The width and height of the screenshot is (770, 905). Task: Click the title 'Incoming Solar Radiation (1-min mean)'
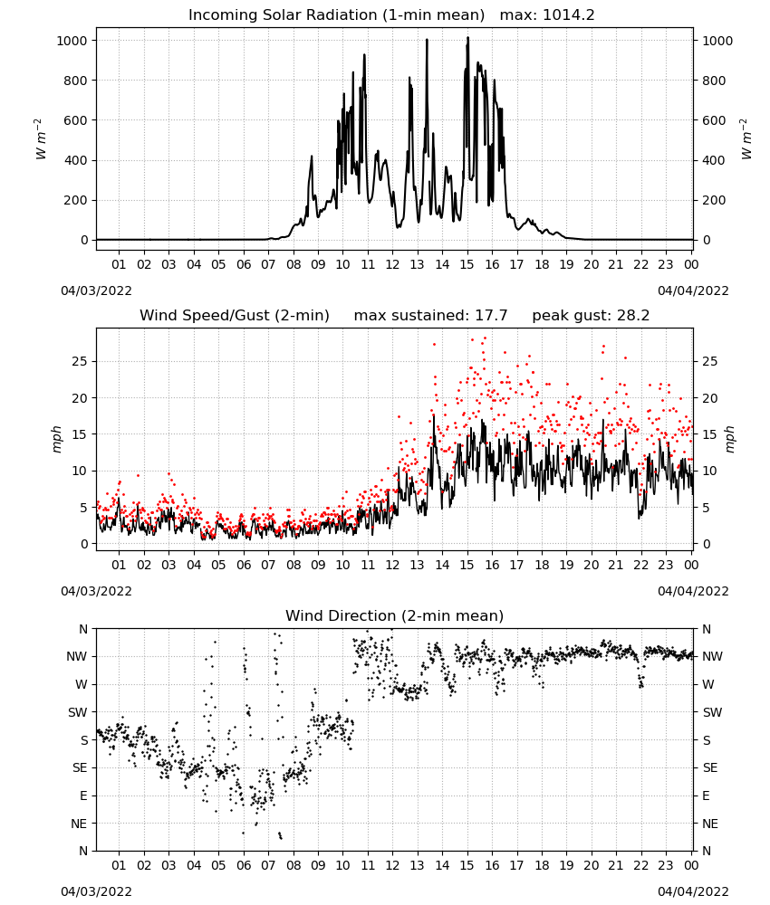(336, 15)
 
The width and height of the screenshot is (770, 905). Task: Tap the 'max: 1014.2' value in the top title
(547, 15)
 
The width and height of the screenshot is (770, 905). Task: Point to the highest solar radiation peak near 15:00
(468, 38)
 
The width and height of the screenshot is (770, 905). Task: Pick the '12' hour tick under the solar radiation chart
(392, 264)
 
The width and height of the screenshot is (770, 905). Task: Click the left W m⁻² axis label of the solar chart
(40, 139)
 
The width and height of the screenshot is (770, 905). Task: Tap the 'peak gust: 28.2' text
(591, 316)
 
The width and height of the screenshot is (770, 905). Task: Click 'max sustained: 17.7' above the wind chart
(430, 316)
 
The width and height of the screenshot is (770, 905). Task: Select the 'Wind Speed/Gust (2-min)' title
(235, 316)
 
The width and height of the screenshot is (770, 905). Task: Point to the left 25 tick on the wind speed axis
(80, 361)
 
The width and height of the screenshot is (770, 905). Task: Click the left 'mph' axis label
(56, 439)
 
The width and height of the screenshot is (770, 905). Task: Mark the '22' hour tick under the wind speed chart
(640, 565)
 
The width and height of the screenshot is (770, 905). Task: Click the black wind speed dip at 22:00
(640, 517)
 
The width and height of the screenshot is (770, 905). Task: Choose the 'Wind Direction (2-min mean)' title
(395, 615)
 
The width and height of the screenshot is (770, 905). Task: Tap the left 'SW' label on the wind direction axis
(77, 712)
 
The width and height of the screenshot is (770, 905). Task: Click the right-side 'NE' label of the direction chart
(710, 824)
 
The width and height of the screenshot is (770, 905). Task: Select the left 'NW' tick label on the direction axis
(77, 656)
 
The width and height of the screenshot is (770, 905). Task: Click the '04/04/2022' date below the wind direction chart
(693, 891)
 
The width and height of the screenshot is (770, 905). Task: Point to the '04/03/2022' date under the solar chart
(96, 291)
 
